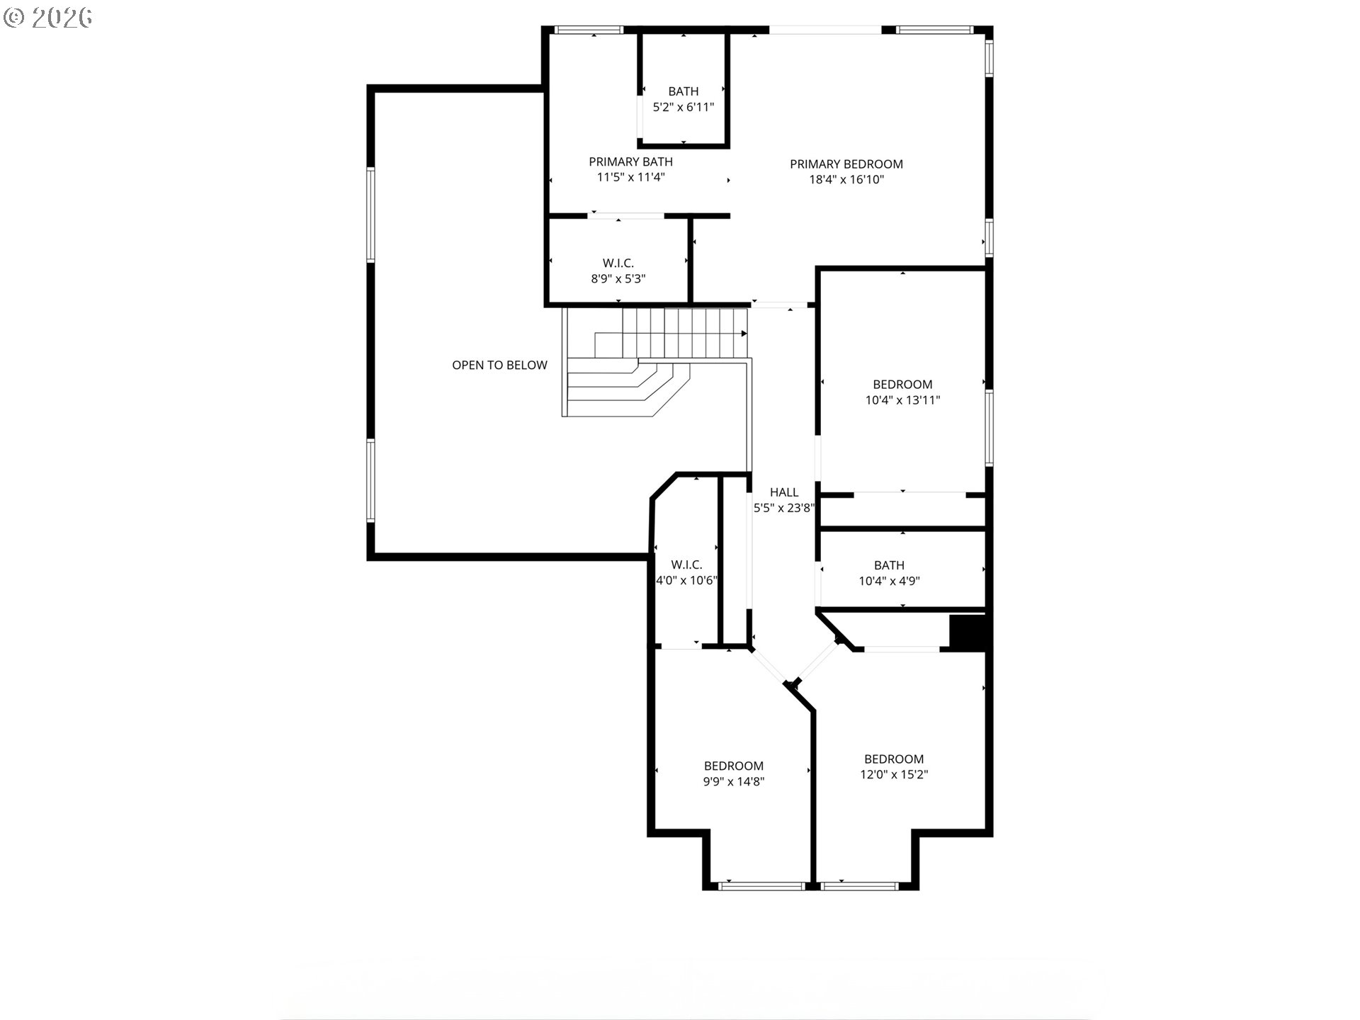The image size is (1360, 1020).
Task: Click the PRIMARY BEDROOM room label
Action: (x=846, y=164)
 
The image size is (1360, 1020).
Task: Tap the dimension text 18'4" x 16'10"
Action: (x=846, y=180)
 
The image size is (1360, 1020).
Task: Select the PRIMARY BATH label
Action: (x=630, y=162)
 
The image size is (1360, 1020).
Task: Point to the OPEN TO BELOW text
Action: (x=499, y=365)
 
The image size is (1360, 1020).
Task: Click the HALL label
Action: (x=784, y=492)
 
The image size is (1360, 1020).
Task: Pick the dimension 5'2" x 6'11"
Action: (x=684, y=108)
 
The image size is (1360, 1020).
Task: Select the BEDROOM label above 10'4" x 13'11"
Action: (x=902, y=385)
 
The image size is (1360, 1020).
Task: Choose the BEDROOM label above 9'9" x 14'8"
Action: (x=734, y=766)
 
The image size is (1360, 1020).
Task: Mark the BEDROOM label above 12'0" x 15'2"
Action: (x=894, y=759)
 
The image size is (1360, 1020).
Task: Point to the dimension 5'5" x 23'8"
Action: (x=784, y=508)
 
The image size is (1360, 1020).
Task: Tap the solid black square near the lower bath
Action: (x=968, y=633)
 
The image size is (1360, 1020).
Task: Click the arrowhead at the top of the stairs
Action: (x=744, y=334)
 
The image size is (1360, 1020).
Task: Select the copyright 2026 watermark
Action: (x=48, y=18)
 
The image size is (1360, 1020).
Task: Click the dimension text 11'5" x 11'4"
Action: (x=630, y=178)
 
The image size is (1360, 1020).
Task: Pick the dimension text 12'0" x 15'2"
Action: (x=894, y=775)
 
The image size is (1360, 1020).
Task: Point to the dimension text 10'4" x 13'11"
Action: (x=902, y=400)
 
